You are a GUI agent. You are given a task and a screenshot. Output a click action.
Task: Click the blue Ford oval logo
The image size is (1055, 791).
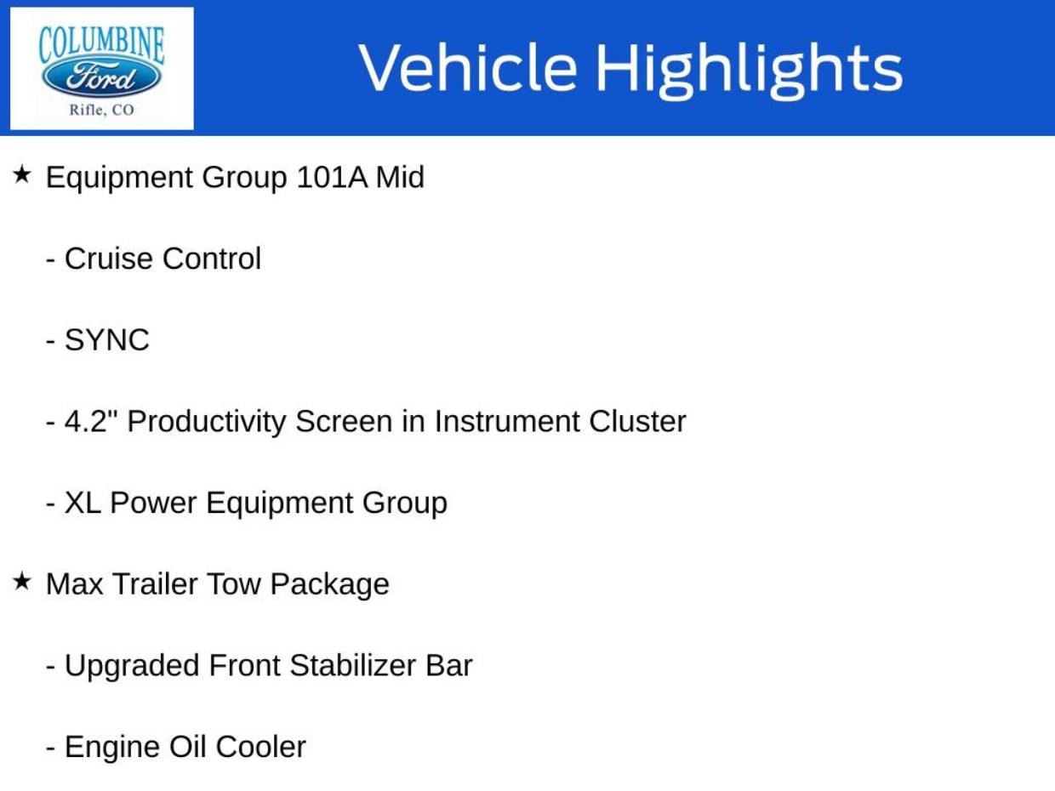click(x=102, y=77)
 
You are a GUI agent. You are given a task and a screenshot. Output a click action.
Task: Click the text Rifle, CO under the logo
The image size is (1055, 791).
click(x=102, y=111)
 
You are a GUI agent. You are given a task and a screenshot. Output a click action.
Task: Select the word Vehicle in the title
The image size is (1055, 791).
click(x=468, y=67)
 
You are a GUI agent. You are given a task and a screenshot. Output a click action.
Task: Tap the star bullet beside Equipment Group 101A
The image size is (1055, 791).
click(x=21, y=174)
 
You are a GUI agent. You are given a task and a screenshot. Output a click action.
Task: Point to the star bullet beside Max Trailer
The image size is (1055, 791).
click(x=21, y=582)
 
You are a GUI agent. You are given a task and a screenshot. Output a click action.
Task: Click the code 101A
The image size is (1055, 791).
click(x=332, y=177)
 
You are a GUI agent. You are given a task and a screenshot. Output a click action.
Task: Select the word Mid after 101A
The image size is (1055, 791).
click(x=400, y=177)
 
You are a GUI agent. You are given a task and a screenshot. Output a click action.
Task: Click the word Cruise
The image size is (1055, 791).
click(x=109, y=259)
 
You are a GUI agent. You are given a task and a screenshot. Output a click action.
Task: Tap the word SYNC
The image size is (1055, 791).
click(x=106, y=340)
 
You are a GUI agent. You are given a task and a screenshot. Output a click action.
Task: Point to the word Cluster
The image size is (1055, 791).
click(x=637, y=421)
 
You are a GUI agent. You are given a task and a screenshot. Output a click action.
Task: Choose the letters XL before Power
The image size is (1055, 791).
click(x=83, y=503)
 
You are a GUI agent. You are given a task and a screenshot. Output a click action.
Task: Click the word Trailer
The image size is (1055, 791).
click(x=155, y=584)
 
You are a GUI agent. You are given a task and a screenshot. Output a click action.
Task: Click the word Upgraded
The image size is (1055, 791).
click(x=132, y=668)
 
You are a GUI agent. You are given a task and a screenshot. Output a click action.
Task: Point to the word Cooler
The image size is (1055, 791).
click(x=260, y=747)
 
